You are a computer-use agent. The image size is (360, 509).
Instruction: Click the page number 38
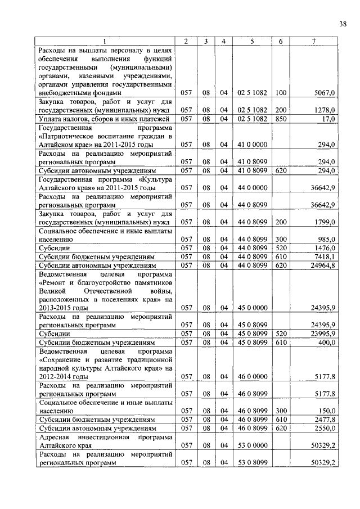click(343, 23)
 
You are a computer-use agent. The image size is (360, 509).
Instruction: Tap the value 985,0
click(326, 239)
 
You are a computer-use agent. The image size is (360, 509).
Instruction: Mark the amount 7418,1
click(325, 256)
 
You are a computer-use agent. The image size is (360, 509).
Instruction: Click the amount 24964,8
click(323, 265)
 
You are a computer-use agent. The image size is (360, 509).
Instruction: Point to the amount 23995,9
click(323, 334)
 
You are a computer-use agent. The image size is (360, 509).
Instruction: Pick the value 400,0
click(326, 342)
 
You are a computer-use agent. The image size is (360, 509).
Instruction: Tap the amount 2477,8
click(325, 419)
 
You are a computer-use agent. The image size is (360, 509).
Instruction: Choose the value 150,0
click(326, 411)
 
